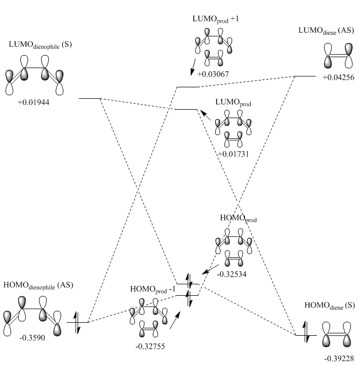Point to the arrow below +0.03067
coord(193,67)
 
